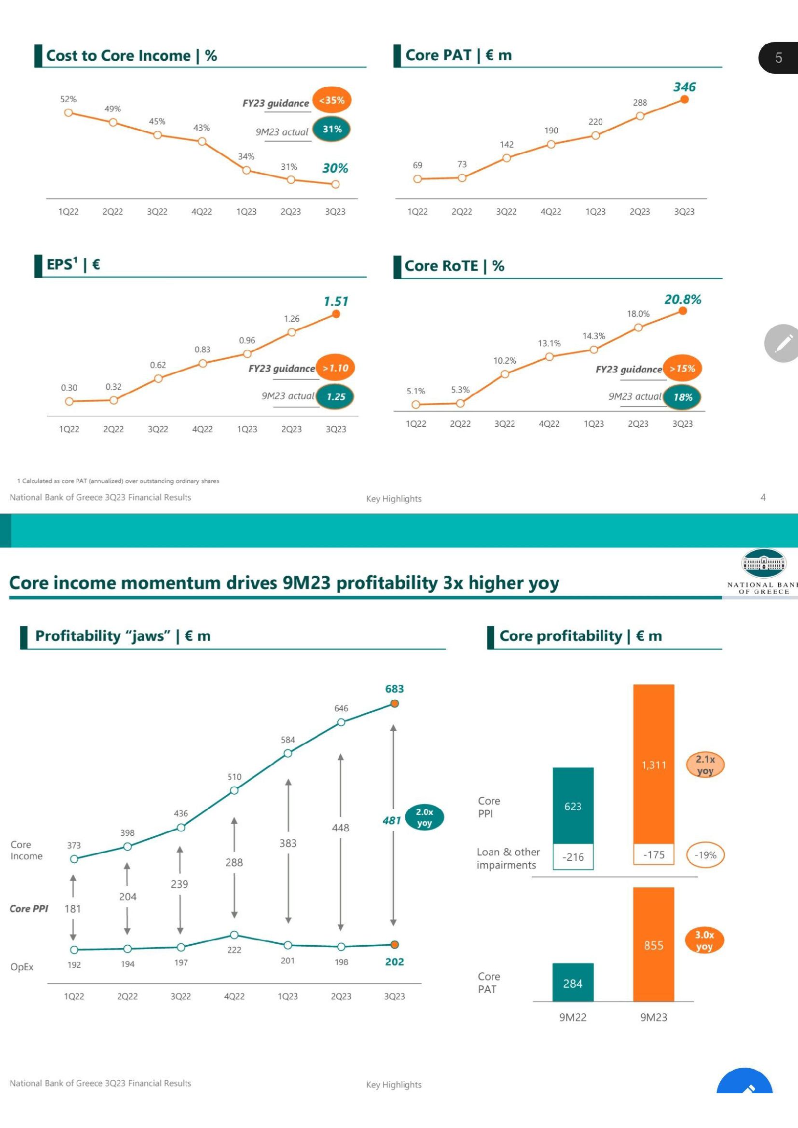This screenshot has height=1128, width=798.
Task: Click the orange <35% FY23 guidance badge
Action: tap(331, 100)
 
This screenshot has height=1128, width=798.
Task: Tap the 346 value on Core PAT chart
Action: tap(684, 87)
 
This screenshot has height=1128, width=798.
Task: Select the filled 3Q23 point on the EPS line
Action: tap(336, 314)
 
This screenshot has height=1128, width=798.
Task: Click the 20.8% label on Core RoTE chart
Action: tap(683, 299)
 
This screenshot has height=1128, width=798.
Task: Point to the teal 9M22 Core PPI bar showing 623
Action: tap(573, 806)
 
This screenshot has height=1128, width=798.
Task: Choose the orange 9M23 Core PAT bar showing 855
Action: tap(654, 944)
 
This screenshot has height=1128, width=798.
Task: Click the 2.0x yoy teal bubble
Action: tap(424, 817)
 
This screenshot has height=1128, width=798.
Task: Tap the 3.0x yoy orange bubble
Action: tap(704, 940)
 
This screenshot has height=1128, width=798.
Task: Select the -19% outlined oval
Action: tap(705, 855)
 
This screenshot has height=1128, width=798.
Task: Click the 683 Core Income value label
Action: tap(395, 689)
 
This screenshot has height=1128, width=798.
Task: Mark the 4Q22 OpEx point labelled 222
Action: tap(234, 935)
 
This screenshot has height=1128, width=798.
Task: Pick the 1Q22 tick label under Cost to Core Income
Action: tap(69, 212)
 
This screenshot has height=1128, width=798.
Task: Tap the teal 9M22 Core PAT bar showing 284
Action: tap(573, 982)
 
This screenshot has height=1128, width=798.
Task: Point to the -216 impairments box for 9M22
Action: tap(573, 857)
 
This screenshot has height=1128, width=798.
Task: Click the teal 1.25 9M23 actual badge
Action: tap(336, 397)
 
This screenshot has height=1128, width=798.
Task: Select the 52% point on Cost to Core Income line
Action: tap(69, 112)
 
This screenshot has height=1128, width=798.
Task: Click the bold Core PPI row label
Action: tap(29, 909)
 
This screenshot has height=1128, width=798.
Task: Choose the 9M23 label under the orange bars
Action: tap(654, 1018)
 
